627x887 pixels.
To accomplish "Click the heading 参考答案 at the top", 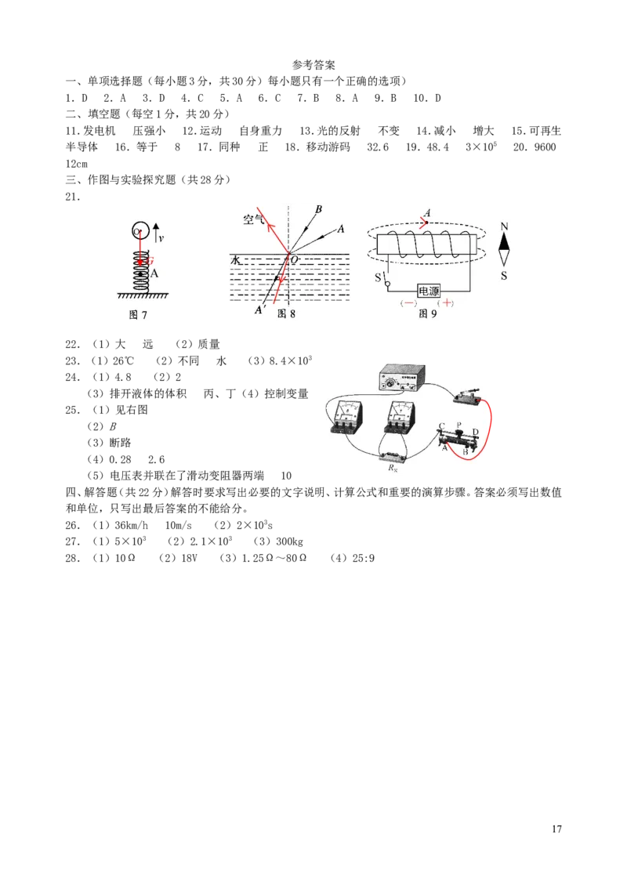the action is coord(313,65).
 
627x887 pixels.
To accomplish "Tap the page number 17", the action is coord(556,829).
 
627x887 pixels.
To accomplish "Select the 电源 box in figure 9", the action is coord(429,291).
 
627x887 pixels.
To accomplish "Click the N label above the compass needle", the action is coord(504,226).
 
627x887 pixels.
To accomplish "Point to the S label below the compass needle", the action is coord(504,276).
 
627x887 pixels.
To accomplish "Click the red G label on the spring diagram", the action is coord(150,261).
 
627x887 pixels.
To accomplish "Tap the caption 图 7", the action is coord(137,314).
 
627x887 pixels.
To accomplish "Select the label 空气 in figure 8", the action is coord(253,219).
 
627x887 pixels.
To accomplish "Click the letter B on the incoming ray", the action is coord(318,209).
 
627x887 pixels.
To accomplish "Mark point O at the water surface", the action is coord(295,259).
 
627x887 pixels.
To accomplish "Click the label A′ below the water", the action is coord(260,309).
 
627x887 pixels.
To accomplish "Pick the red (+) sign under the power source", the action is coord(447,302).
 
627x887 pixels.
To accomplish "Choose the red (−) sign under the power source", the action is coord(408,303).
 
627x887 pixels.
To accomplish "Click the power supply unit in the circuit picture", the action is coord(401,378).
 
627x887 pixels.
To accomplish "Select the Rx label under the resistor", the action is coord(393,468).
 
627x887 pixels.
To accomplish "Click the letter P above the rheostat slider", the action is coord(459,424).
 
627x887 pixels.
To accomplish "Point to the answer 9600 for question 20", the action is coord(545,147).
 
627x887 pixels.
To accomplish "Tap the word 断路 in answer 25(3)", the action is coord(120,443).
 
